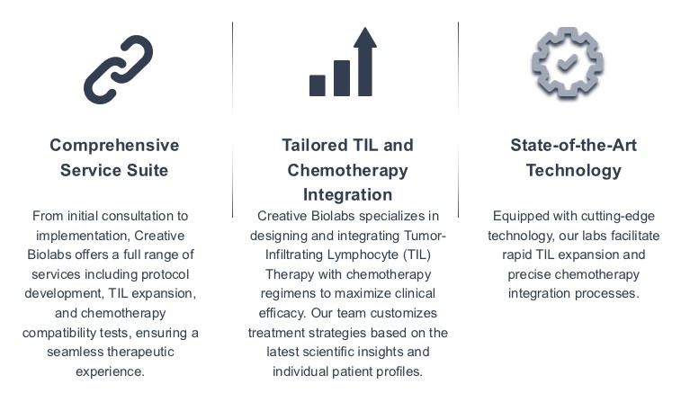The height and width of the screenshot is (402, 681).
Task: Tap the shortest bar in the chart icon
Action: [317, 85]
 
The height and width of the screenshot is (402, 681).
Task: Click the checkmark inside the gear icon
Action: [567, 64]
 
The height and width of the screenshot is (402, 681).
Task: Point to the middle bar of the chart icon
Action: [341, 78]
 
